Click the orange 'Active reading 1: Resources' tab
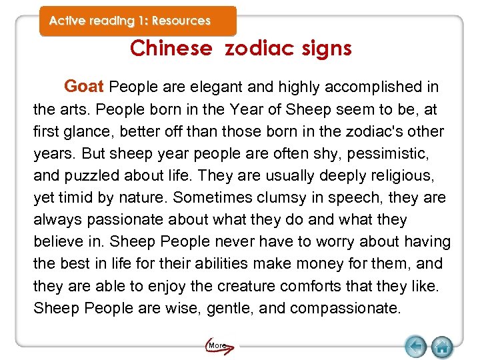(130, 21)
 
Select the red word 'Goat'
(84, 87)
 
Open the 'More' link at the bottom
(217, 345)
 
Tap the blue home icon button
(442, 346)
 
